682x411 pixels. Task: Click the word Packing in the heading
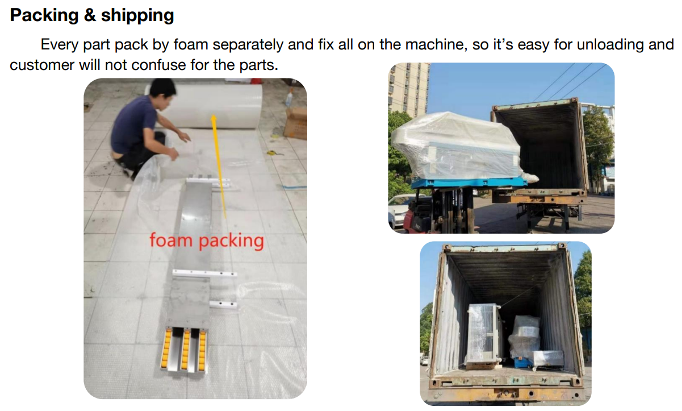[44, 15]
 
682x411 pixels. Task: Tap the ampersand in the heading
[90, 15]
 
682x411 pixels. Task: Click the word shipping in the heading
[137, 16]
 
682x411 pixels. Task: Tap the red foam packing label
[207, 241]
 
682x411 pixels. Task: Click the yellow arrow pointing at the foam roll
[219, 167]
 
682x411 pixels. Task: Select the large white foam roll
[210, 106]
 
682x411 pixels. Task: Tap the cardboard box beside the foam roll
[295, 123]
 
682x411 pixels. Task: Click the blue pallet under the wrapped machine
[469, 183]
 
